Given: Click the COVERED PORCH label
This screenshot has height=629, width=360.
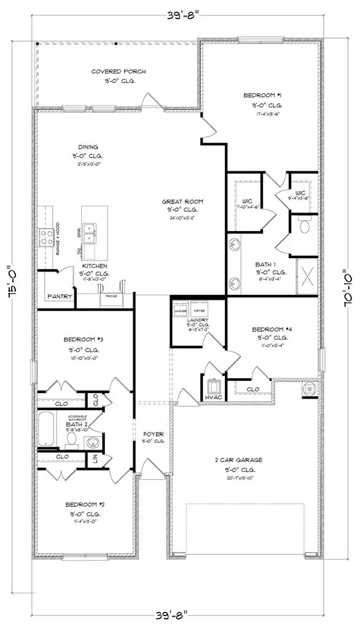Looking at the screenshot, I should pyautogui.click(x=114, y=72).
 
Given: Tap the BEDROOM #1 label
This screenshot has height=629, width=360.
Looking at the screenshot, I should pyautogui.click(x=262, y=95).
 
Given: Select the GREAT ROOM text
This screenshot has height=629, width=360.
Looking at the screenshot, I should pyautogui.click(x=182, y=201).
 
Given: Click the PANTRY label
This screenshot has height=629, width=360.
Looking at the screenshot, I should pyautogui.click(x=60, y=297).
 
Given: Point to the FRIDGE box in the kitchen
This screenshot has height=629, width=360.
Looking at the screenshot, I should pyautogui.click(x=111, y=296).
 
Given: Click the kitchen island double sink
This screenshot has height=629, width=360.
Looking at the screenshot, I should pyautogui.click(x=90, y=233).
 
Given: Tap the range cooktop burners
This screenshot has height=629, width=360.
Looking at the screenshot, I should pyautogui.click(x=46, y=237).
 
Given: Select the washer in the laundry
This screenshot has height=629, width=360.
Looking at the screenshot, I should pyautogui.click(x=180, y=308).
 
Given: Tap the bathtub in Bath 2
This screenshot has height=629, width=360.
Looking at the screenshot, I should pyautogui.click(x=47, y=430).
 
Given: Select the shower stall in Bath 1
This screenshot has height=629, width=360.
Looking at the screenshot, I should pyautogui.click(x=307, y=273).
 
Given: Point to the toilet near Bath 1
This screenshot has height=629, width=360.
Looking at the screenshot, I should pyautogui.click(x=303, y=227).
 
